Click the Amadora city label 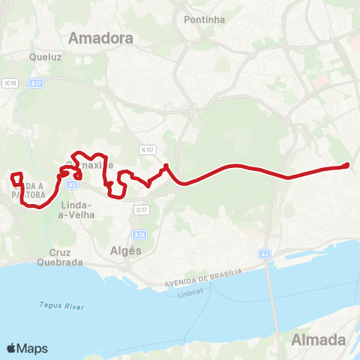(x=100, y=37)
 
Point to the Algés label (x=125, y=251)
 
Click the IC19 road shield (x=10, y=83)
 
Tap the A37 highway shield (x=40, y=84)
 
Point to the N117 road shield (x=147, y=149)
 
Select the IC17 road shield (x=140, y=210)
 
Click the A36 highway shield (x=140, y=235)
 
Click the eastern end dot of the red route (x=346, y=165)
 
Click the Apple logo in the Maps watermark (x=11, y=348)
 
